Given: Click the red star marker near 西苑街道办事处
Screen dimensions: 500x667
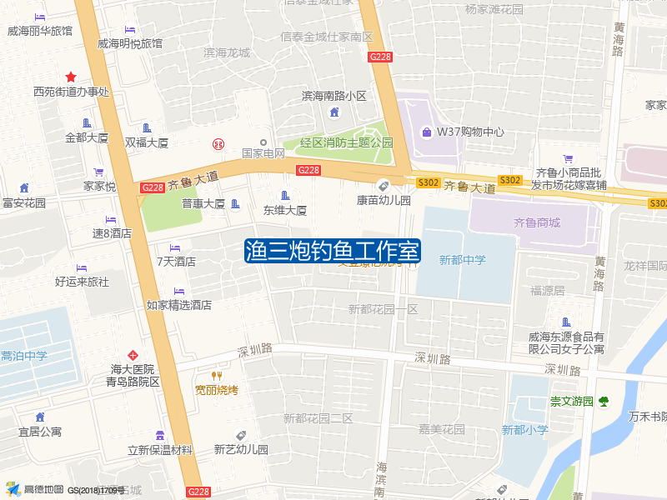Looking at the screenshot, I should pos(71,77).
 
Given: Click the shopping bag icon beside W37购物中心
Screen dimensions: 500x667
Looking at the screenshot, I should pos(427,132).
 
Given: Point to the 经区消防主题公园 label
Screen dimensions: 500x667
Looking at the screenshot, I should pos(346,142).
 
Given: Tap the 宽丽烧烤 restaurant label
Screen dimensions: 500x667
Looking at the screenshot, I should pos(217,389).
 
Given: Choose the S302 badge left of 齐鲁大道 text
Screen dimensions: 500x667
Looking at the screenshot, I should pos(428,182).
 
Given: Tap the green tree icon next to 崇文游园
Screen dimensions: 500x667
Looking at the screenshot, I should pos(604,402).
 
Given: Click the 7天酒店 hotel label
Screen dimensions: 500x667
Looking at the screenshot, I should pos(176,261).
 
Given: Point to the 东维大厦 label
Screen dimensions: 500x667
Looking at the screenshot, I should pos(285,211).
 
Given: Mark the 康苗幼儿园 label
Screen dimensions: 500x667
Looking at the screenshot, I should pos(384,200).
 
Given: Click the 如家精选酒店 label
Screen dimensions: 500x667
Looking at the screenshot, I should pos(179,305).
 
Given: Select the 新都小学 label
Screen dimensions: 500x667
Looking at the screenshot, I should pos(524,430).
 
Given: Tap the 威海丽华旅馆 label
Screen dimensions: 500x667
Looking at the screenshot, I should pos(40,32).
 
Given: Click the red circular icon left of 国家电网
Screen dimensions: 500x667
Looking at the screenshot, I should pos(218,143).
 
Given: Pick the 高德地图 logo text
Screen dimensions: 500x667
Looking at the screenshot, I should pos(43,489).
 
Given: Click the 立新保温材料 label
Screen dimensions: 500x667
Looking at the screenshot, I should pos(160,450).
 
